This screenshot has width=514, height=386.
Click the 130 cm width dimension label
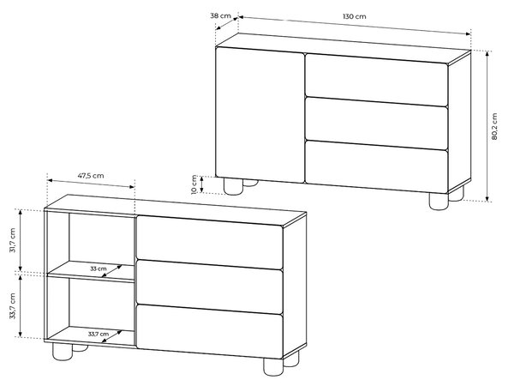tap(355, 16)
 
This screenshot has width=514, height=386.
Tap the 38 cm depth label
tap(221, 15)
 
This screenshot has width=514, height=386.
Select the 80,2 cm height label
tap(494, 126)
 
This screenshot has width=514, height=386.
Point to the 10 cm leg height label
tap(194, 184)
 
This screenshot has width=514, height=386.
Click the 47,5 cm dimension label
tap(91, 176)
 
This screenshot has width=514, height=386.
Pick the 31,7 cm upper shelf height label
tap(13, 240)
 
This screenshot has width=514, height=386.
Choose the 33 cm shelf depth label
tap(99, 268)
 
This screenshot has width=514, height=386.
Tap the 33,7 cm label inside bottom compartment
tap(99, 335)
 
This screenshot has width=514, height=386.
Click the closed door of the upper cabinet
tap(260, 115)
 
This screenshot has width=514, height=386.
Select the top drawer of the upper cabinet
tap(376, 80)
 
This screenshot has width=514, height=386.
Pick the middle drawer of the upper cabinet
tap(376, 124)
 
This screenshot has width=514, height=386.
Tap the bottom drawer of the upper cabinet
tap(376, 167)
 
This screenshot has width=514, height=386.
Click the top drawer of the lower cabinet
tap(210, 243)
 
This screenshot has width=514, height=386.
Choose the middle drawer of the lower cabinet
tap(210, 286)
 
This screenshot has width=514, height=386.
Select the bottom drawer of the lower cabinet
tap(210, 331)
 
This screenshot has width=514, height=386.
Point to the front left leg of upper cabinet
tap(233, 186)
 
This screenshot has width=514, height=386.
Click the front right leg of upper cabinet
tap(439, 202)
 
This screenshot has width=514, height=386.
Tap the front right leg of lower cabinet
tap(273, 367)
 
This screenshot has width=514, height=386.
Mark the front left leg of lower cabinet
tap(63, 351)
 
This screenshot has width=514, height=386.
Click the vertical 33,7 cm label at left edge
tap(13, 306)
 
